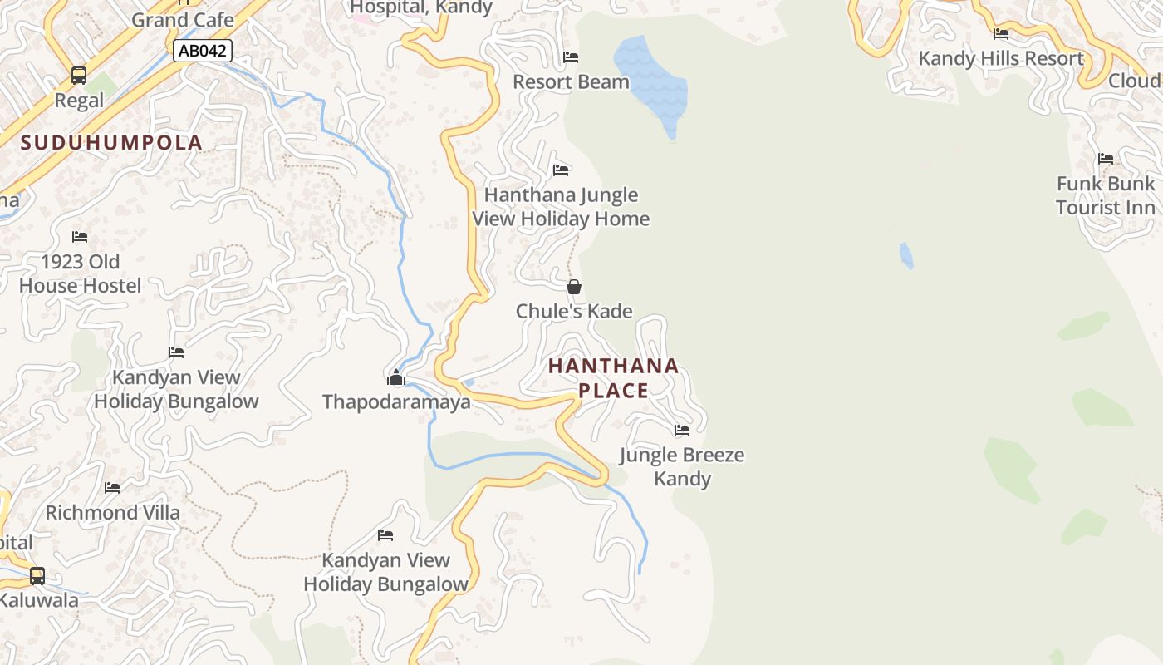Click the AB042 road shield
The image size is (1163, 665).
[x=202, y=51]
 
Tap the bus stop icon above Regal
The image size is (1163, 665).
[x=79, y=76]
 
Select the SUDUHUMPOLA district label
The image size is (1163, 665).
[x=111, y=143]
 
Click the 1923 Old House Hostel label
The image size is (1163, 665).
[x=80, y=273]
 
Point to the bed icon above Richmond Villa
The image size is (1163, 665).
[x=112, y=488]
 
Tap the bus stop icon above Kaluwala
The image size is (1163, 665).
[x=37, y=575]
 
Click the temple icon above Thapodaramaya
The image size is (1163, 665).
[x=395, y=378]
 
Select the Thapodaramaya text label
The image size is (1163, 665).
[x=396, y=402]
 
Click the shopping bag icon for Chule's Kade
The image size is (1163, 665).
[x=573, y=288]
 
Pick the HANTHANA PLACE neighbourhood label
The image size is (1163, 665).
[x=613, y=378]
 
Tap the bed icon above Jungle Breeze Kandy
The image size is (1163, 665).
[x=682, y=431]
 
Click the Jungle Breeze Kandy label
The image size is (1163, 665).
[x=682, y=466]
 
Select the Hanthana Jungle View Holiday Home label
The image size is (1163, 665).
[x=561, y=207]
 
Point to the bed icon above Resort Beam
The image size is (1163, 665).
[x=571, y=57]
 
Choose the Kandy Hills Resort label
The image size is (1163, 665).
[x=1000, y=59]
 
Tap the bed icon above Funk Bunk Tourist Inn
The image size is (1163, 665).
[x=1105, y=159]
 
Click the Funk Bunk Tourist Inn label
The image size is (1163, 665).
[x=1105, y=195]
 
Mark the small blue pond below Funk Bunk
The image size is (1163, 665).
[x=906, y=255]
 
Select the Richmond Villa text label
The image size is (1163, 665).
[x=112, y=512]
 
